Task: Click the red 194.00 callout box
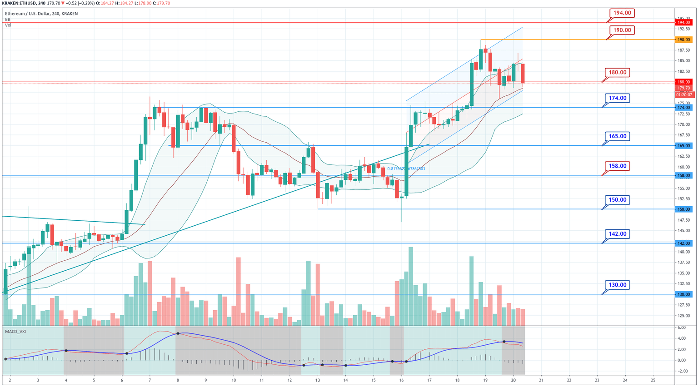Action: tap(622, 13)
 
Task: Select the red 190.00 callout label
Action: tap(622, 30)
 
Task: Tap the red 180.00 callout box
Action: tap(617, 73)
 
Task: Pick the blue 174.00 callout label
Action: tap(617, 98)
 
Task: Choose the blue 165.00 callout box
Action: tap(617, 136)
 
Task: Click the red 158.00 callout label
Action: tap(617, 166)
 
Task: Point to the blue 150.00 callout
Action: tap(617, 200)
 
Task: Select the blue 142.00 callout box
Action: tap(617, 234)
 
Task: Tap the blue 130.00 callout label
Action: tap(617, 285)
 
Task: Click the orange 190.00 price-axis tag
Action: tap(684, 40)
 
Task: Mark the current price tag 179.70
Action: tap(684, 88)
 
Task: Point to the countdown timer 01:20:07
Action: tap(684, 94)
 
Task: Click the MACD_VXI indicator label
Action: tap(15, 332)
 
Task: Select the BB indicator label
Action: tap(8, 20)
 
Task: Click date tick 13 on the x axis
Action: tap(318, 380)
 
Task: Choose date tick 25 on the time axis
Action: tap(653, 380)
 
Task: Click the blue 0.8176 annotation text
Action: tap(406, 169)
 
